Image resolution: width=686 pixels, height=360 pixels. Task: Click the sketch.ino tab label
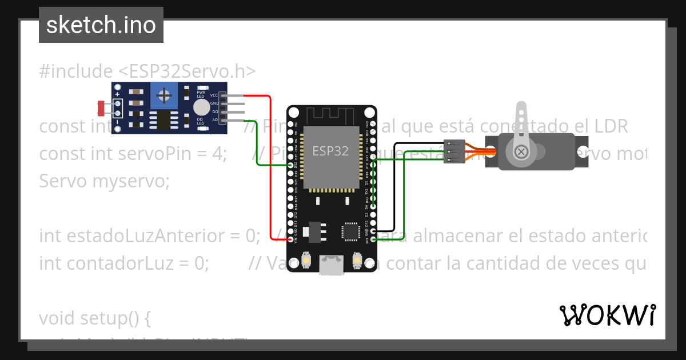click(101, 25)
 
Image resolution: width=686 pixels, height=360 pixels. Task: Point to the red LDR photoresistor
click(101, 107)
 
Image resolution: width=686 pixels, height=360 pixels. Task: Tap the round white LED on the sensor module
click(201, 107)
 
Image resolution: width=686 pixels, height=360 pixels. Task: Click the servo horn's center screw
click(521, 151)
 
